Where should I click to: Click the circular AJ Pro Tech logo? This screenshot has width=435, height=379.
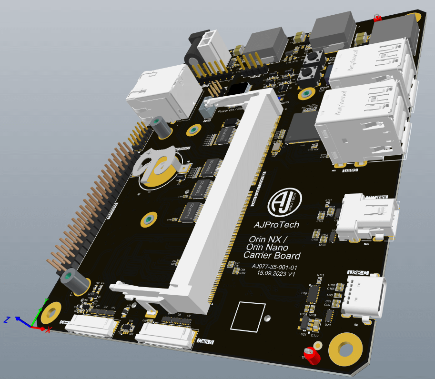(x=284, y=202)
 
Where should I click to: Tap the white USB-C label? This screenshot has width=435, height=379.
(x=358, y=273)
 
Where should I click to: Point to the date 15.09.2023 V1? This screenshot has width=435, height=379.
(x=276, y=274)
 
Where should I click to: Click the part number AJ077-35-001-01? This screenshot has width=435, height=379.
(x=274, y=267)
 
